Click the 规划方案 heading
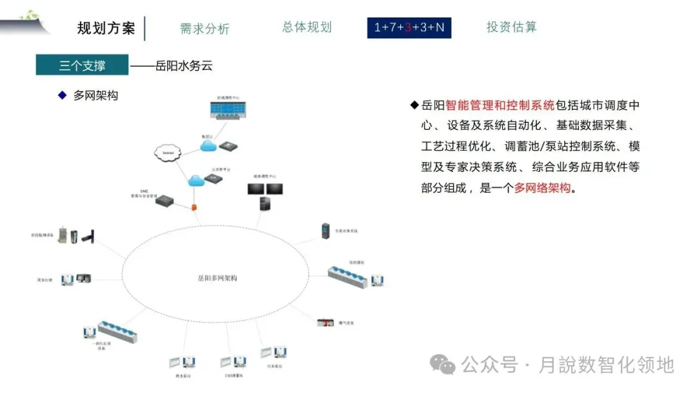click(x=106, y=28)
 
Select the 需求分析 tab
click(x=205, y=28)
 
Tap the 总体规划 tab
click(x=307, y=27)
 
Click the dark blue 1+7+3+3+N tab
click(x=409, y=28)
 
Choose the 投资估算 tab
click(x=511, y=27)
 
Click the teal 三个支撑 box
click(x=82, y=65)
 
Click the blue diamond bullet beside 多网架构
click(x=63, y=96)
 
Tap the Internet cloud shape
click(x=168, y=153)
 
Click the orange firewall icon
click(x=194, y=207)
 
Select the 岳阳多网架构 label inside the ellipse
click(x=217, y=279)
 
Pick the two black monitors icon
click(x=265, y=189)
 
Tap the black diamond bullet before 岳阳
click(x=414, y=105)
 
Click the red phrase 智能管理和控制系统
click(x=500, y=105)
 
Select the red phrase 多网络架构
click(x=543, y=188)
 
